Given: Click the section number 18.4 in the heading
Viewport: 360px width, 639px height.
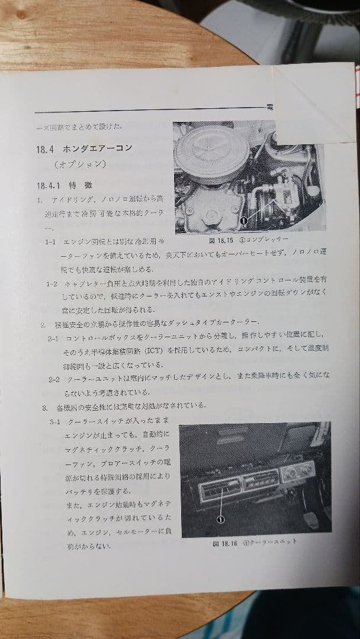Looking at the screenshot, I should point(44,148).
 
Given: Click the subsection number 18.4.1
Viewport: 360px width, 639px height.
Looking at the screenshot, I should point(48,185).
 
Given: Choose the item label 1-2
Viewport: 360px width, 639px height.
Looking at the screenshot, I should point(52,283).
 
